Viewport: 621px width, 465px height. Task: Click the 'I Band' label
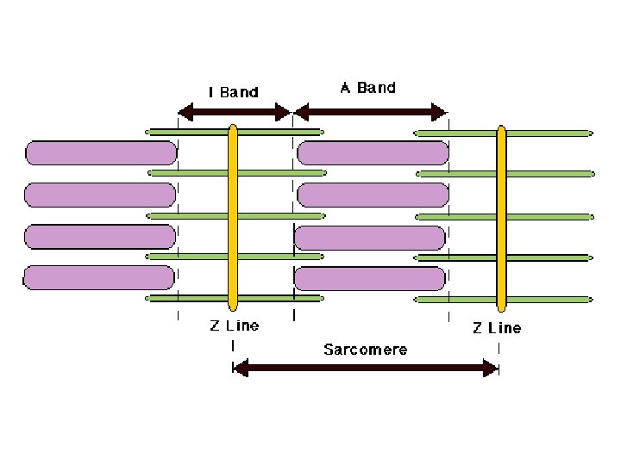pyautogui.click(x=234, y=91)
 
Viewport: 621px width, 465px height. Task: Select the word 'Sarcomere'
pyautogui.click(x=365, y=350)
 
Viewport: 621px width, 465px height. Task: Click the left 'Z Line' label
pyautogui.click(x=234, y=326)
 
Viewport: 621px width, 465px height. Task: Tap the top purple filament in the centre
pyautogui.click(x=373, y=153)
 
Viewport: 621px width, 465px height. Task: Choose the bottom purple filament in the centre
pyautogui.click(x=370, y=278)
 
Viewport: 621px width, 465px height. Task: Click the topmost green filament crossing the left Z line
pyautogui.click(x=198, y=132)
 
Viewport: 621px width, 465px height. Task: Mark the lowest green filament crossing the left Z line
pyautogui.click(x=198, y=299)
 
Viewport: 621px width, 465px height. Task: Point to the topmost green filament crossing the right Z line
pyautogui.click(x=543, y=133)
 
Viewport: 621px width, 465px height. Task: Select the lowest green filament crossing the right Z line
pyautogui.click(x=543, y=299)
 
